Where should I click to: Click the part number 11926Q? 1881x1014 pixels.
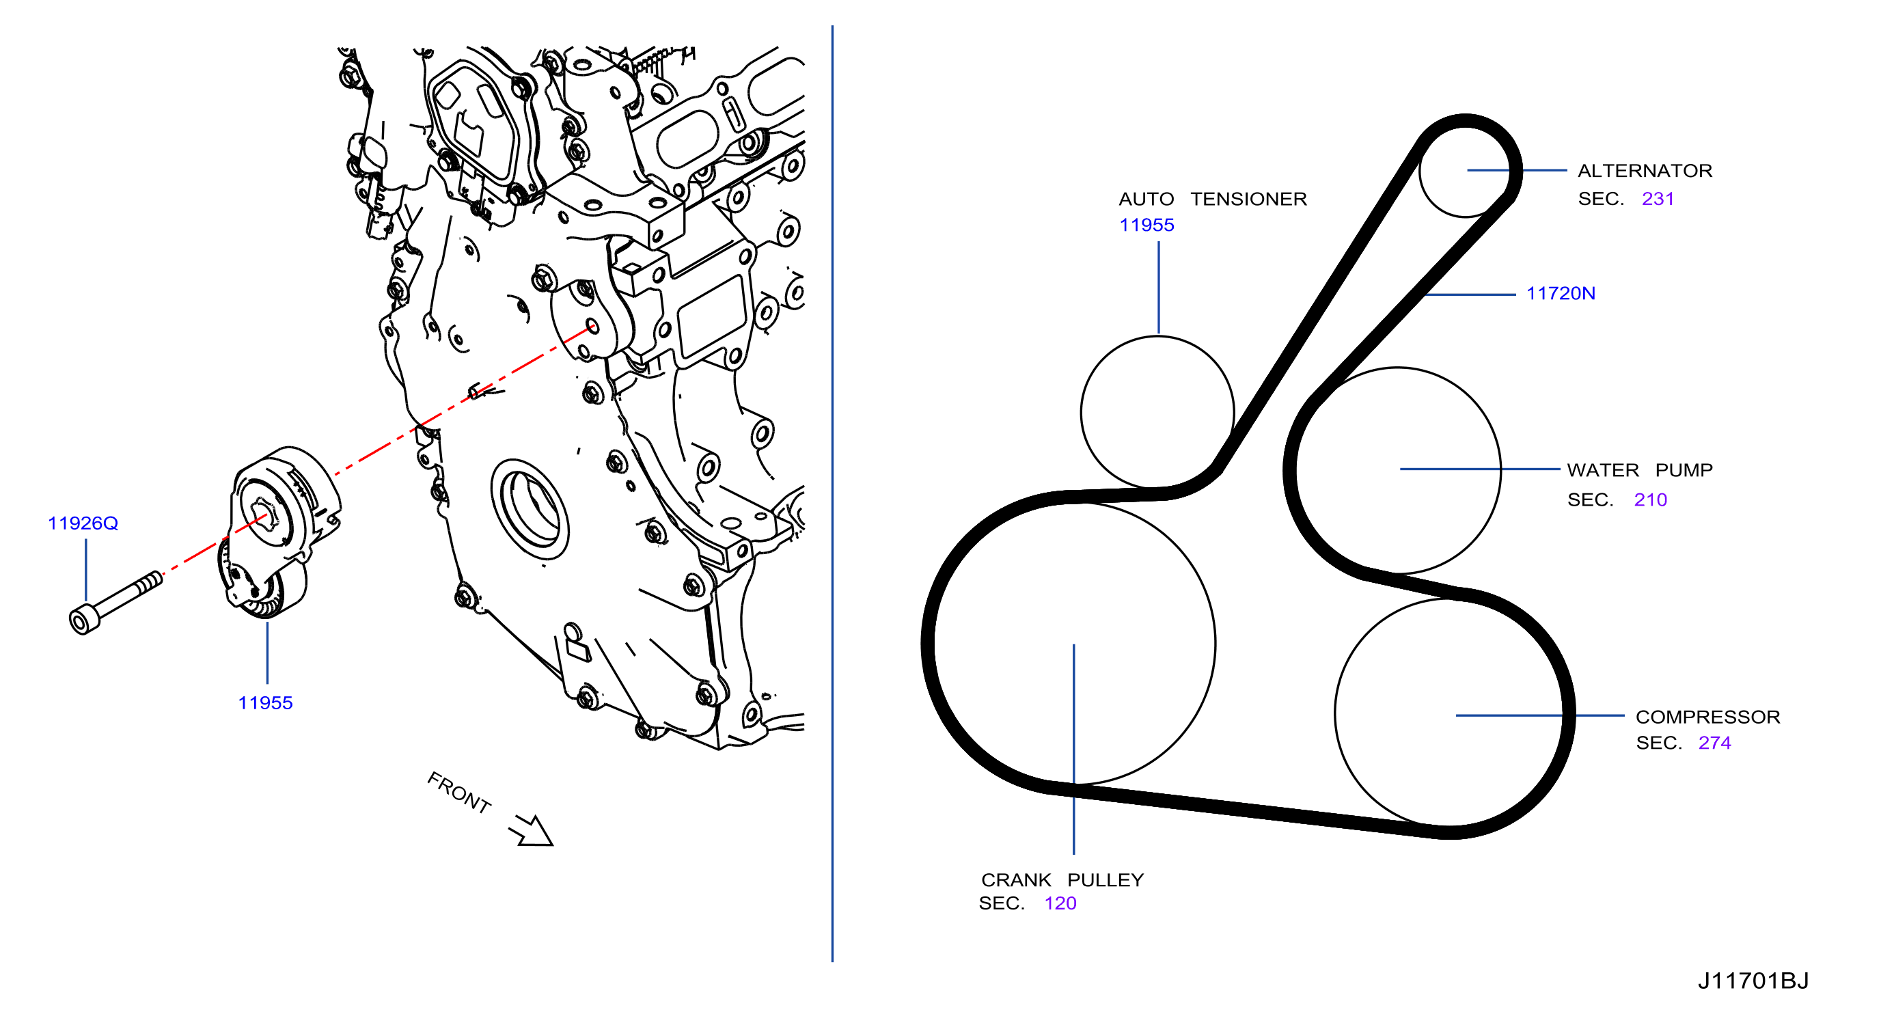point(83,523)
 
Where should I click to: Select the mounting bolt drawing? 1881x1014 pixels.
point(115,602)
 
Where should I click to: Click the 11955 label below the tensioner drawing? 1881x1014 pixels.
point(265,703)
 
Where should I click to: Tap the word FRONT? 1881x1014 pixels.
point(458,793)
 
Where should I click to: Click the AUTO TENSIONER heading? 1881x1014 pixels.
point(1212,200)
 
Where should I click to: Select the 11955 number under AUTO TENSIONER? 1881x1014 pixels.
point(1147,225)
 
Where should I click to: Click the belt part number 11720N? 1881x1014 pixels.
point(1561,293)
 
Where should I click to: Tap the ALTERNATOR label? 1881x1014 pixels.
point(1645,171)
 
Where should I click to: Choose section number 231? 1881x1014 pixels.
point(1658,200)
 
